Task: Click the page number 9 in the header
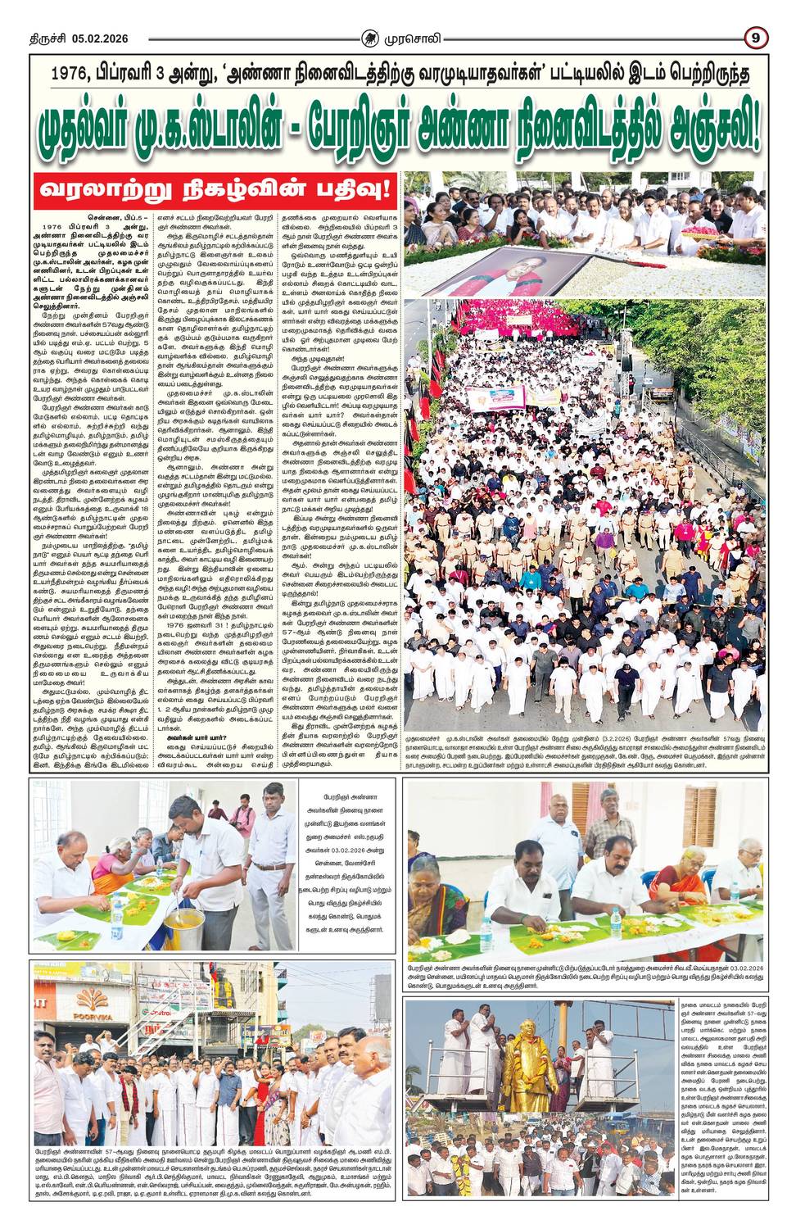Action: [x=754, y=38]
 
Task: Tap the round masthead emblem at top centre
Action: [x=372, y=38]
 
